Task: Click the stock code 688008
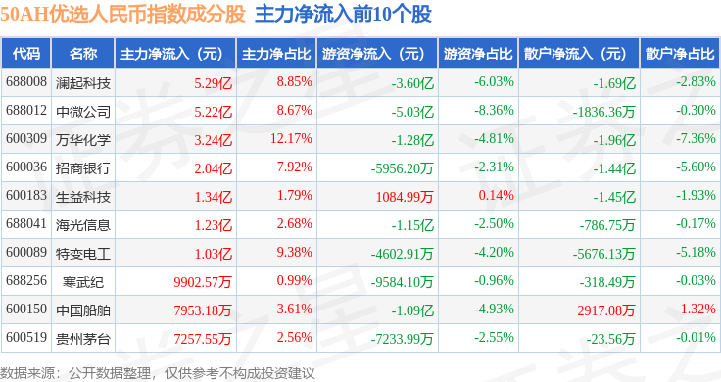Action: pyautogui.click(x=26, y=82)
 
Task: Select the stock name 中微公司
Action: pyautogui.click(x=83, y=112)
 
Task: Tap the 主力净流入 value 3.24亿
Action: pyautogui.click(x=213, y=140)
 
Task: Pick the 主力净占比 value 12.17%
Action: pyautogui.click(x=291, y=138)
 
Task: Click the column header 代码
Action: pyautogui.click(x=26, y=54)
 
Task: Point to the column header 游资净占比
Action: pyautogui.click(x=478, y=54)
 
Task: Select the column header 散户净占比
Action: pyautogui.click(x=680, y=54)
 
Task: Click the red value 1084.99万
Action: pyautogui.click(x=405, y=197)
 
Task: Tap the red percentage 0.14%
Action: pyautogui.click(x=496, y=195)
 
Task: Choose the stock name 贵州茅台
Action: pyautogui.click(x=83, y=339)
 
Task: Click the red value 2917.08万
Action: pyautogui.click(x=606, y=310)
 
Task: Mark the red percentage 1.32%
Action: pyautogui.click(x=698, y=309)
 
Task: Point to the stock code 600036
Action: pyautogui.click(x=26, y=167)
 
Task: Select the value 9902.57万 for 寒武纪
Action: pyautogui.click(x=203, y=282)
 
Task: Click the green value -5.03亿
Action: pyautogui.click(x=412, y=112)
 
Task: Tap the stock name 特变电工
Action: pyautogui.click(x=83, y=254)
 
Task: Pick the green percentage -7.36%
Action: pyautogui.click(x=696, y=138)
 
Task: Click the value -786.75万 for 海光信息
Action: pyautogui.click(x=607, y=225)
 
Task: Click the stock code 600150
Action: pyautogui.click(x=26, y=309)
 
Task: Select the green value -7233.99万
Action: pyautogui.click(x=402, y=339)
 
